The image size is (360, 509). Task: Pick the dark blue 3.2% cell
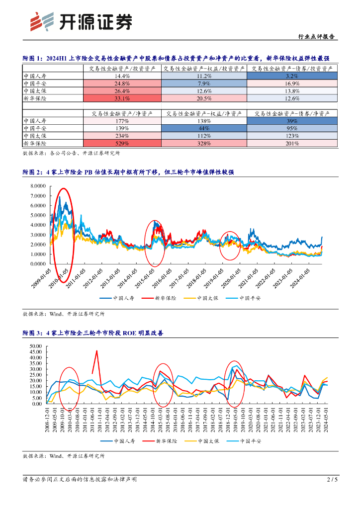tap(292, 76)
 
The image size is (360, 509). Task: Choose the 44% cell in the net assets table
tap(204, 128)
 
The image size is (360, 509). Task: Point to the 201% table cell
tap(292, 143)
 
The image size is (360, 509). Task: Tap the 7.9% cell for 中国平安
tap(204, 84)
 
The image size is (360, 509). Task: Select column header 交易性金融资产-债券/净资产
tap(292, 113)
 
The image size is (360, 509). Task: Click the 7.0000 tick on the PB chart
tap(38, 195)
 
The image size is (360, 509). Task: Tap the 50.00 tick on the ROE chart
tap(35, 346)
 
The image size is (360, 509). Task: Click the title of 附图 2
tap(129, 172)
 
